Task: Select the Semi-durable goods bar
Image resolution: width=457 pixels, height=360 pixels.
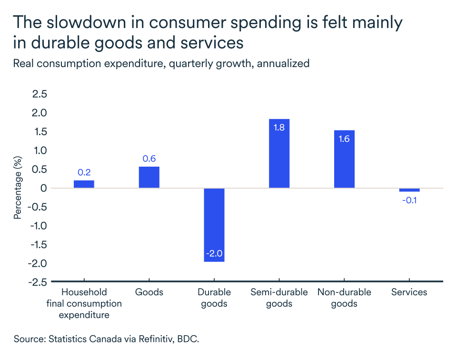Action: [x=279, y=153]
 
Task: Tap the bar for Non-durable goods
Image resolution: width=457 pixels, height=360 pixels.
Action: [x=344, y=159]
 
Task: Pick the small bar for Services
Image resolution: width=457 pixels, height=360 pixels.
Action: [x=409, y=190]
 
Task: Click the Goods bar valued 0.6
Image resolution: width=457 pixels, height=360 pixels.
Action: [x=149, y=177]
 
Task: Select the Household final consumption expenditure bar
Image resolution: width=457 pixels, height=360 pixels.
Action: [x=84, y=184]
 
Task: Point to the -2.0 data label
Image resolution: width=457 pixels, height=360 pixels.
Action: [x=214, y=253]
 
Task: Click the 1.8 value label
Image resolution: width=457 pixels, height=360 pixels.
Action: [x=279, y=127]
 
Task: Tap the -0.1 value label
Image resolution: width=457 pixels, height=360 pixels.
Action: [x=409, y=200]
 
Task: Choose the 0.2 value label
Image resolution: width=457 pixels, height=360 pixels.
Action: [x=84, y=172]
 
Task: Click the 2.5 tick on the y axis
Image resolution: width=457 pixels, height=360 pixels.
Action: [x=40, y=94]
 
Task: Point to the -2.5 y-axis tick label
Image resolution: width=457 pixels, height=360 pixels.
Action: [x=38, y=282]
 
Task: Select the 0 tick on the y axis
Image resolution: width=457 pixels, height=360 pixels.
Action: [x=44, y=188]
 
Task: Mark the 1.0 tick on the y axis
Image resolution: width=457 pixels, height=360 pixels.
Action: [x=40, y=150]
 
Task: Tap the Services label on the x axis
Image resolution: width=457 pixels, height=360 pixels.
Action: [x=409, y=292]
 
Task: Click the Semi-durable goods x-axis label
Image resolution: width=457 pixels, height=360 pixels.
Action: [x=279, y=298]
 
